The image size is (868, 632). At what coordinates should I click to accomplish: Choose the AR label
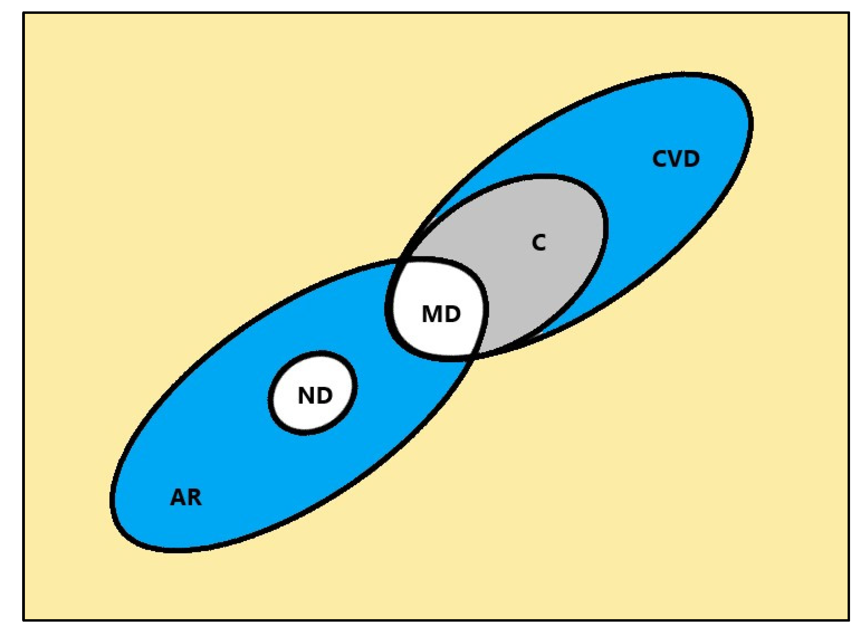(x=186, y=498)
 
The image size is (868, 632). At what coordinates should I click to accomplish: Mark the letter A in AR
(x=178, y=498)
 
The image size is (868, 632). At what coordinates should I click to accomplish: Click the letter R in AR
(x=194, y=498)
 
